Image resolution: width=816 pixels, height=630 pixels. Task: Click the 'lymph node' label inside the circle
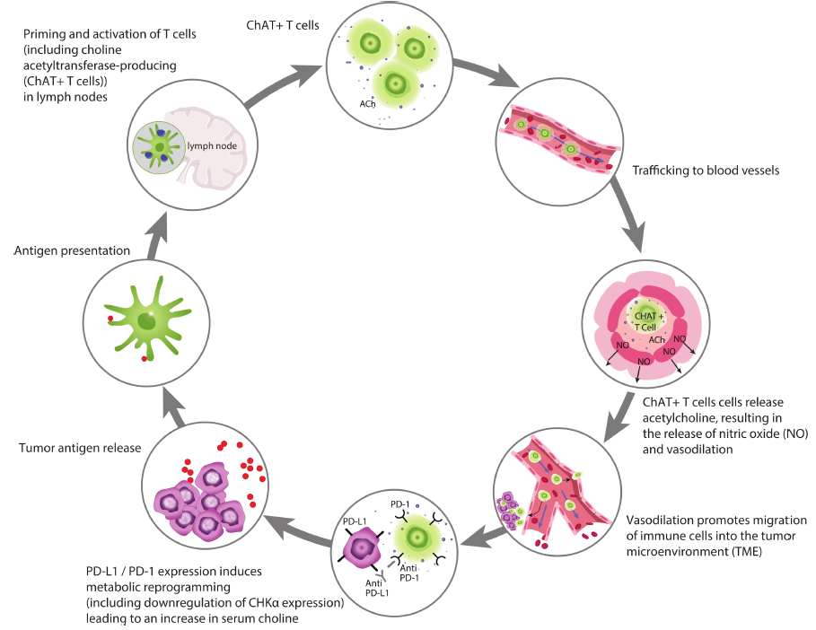tap(212, 146)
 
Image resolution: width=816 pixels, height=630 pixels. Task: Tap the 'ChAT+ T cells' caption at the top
tap(283, 25)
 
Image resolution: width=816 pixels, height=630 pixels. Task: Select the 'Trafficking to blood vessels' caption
tap(706, 171)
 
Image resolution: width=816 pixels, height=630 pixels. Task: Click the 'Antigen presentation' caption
tap(72, 250)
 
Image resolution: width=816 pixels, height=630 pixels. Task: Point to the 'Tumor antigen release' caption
tap(80, 448)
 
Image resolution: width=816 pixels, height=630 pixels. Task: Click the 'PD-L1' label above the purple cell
tap(355, 521)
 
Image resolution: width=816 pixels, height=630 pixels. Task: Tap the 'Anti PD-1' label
tap(409, 573)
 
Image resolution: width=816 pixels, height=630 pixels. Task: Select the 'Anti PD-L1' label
tap(377, 589)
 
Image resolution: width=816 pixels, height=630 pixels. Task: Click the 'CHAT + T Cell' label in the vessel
tap(648, 321)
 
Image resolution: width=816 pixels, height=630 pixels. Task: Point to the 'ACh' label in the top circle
tap(367, 104)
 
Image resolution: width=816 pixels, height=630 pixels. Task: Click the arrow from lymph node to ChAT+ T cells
tap(282, 86)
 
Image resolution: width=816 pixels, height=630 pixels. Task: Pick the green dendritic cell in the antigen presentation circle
tap(148, 319)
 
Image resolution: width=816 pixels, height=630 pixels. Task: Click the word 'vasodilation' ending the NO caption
tap(687, 450)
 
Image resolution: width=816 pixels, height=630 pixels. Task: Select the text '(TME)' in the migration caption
tap(746, 551)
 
